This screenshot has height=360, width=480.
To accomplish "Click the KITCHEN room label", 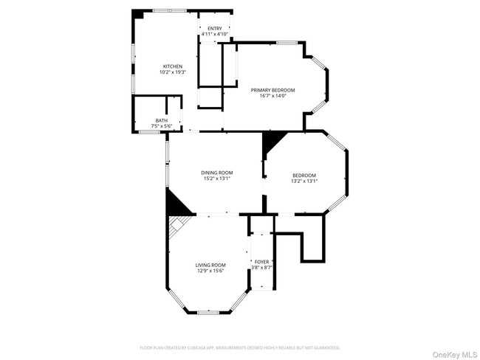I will [172, 66].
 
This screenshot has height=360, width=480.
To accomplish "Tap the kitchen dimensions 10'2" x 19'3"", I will [172, 72].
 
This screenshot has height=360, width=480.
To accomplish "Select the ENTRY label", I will [214, 28].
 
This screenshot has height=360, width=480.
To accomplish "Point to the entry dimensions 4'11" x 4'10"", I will [214, 34].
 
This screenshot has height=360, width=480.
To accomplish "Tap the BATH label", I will [161, 120].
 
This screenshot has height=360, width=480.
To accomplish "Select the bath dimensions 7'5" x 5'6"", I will [161, 126].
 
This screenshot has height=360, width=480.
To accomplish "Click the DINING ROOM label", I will [217, 173].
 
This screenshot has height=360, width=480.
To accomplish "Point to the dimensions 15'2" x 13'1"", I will [217, 179].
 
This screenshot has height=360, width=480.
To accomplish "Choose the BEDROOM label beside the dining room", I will [304, 175].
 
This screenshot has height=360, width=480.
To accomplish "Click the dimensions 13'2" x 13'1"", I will [304, 181].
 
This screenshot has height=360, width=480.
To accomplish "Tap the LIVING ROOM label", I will [210, 265].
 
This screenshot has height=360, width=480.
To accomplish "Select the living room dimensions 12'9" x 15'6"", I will [210, 271].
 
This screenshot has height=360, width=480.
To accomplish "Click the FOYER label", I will [262, 261].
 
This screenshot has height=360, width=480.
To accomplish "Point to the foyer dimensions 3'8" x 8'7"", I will [262, 267].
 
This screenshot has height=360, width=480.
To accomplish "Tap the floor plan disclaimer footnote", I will [239, 347].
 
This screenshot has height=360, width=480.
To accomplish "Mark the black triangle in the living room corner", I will [176, 204].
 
